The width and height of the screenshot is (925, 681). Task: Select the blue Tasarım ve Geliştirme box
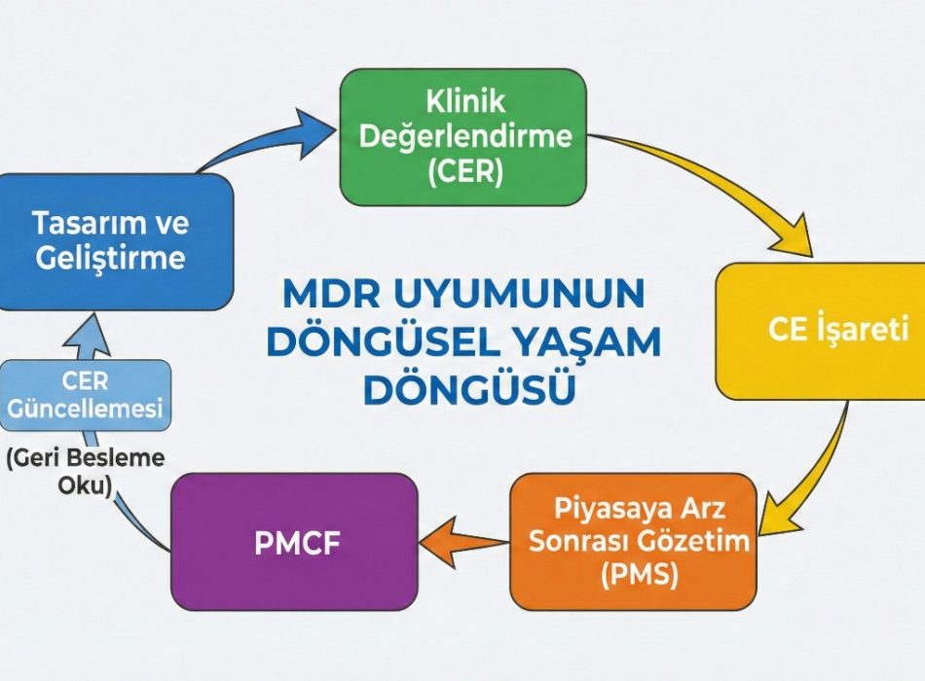(115, 241)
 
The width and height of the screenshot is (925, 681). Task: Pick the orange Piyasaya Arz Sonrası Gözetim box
(633, 541)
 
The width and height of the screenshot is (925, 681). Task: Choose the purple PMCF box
(294, 542)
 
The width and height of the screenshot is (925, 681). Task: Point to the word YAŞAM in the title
(596, 341)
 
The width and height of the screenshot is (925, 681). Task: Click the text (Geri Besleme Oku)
(85, 472)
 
